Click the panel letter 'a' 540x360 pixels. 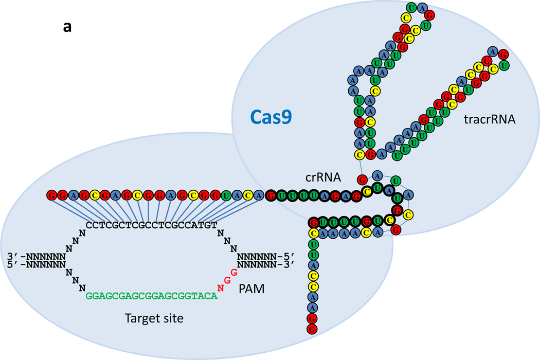tap(67, 27)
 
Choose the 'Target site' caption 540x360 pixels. tap(154, 318)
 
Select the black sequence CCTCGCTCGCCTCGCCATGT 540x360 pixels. tap(151, 225)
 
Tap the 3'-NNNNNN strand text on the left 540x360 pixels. tap(37, 256)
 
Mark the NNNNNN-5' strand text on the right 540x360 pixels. tap(265, 256)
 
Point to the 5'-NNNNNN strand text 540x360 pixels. tap(37, 265)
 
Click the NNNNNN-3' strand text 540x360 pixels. tap(265, 265)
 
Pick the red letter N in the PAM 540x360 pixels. tap(221, 288)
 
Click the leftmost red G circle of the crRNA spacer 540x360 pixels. tap(51, 195)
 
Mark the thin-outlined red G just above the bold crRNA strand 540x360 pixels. tap(363, 180)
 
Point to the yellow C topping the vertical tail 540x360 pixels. tap(312, 233)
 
